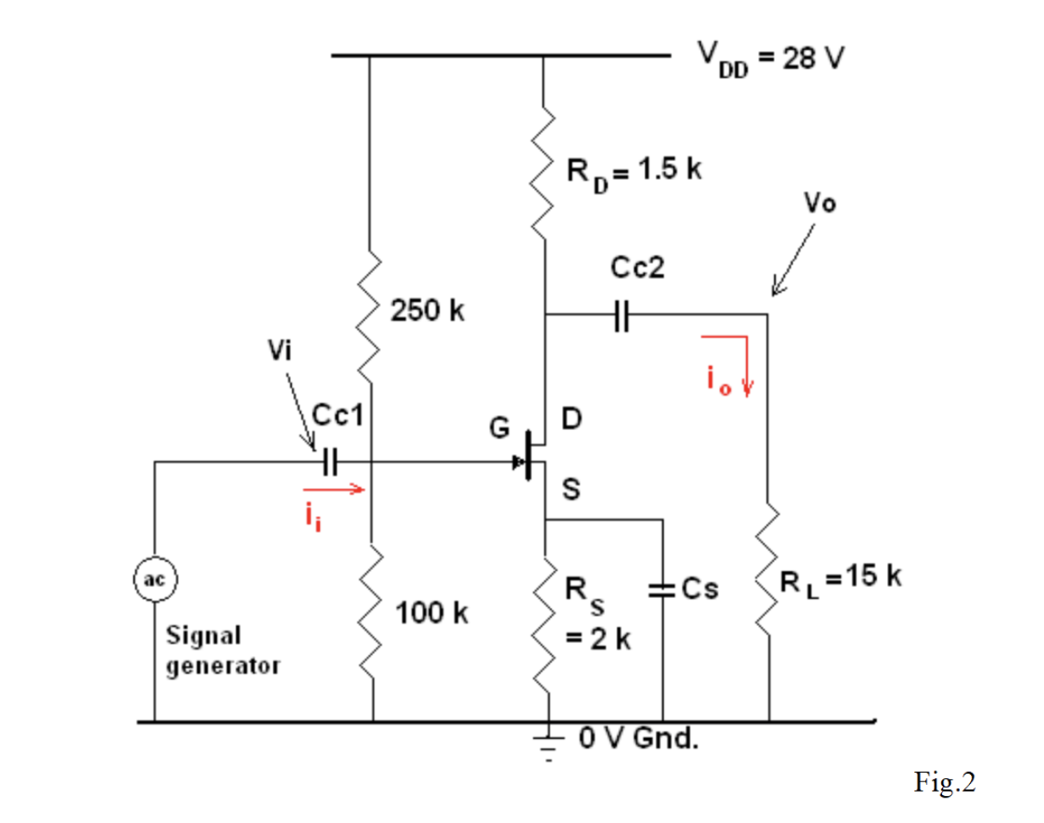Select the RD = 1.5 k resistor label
[x=634, y=170]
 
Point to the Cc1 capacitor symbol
[x=330, y=462]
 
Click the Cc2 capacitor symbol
[x=622, y=315]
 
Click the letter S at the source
[x=572, y=490]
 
